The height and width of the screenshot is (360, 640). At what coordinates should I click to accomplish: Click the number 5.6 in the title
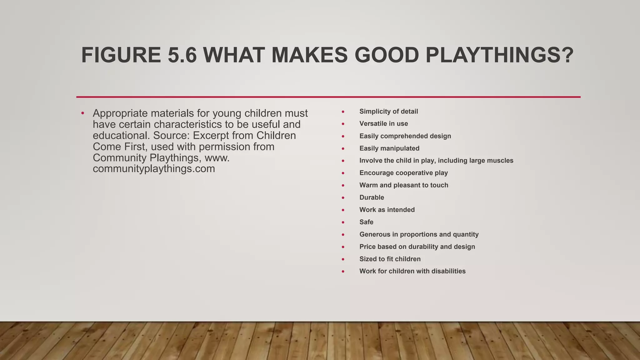182,55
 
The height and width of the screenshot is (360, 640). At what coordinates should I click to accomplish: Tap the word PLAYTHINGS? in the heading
499,55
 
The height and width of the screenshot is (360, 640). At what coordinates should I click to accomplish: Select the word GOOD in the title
387,55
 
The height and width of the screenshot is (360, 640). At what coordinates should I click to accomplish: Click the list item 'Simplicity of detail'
388,112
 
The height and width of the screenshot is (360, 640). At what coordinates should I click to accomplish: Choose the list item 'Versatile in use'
383,124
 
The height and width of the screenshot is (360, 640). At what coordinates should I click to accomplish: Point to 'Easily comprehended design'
405,136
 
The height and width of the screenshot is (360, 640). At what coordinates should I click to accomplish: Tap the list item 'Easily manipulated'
389,148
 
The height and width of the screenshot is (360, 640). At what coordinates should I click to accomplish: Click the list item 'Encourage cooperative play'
403,173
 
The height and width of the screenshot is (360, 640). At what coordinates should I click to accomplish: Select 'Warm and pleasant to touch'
403,185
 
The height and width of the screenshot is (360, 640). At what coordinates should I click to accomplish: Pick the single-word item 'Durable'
372,197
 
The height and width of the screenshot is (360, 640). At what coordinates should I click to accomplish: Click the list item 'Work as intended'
387,210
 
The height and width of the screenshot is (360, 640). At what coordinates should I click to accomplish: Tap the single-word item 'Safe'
366,222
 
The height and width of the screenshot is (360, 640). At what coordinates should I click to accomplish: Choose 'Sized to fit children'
390,259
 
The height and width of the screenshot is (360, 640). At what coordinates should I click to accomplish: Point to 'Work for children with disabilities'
412,271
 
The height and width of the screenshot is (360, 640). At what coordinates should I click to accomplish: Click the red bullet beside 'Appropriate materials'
82,113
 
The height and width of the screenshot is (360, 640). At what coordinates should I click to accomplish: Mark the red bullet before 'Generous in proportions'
343,235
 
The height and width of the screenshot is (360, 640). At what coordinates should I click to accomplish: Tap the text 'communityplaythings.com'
154,169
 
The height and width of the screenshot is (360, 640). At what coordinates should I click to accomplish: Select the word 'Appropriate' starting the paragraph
120,113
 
